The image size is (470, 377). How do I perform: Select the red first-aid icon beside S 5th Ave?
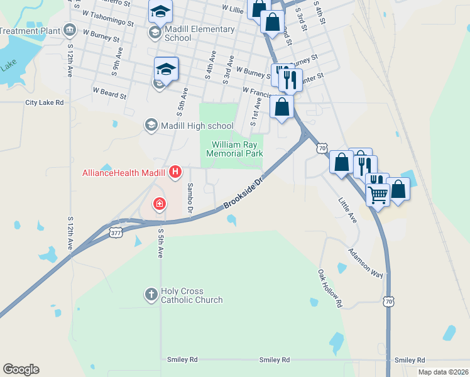click(x=160, y=204)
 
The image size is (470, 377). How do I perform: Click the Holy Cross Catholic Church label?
click(x=192, y=295)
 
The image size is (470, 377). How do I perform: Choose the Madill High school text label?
click(x=197, y=126)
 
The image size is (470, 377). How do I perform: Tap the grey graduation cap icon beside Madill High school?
click(x=151, y=126)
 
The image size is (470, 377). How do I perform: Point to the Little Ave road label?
click(x=347, y=210)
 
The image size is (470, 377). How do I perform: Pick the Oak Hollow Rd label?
click(x=329, y=288)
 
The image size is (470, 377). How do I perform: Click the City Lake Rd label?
click(x=45, y=102)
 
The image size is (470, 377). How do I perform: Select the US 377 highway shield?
click(x=116, y=233)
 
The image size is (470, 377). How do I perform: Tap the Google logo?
click(x=21, y=369)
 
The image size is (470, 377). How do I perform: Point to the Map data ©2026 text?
click(x=443, y=372)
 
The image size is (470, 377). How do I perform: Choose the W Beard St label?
click(x=110, y=94)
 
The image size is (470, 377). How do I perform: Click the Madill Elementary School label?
click(x=199, y=33)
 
